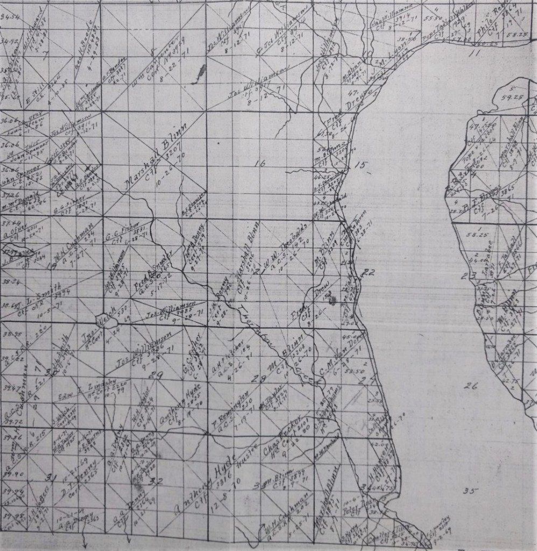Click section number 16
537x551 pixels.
point(261,164)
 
